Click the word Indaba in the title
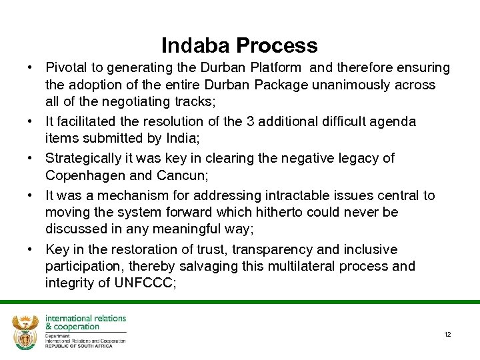pos(193,45)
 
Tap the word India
pos(157,138)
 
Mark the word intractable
pos(289,196)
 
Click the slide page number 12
pos(447,334)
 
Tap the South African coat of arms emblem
pos(25,331)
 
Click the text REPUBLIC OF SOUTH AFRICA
pos(79,346)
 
